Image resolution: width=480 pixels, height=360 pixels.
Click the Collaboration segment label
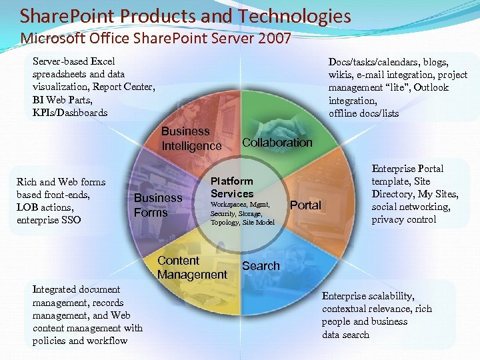pyautogui.click(x=277, y=142)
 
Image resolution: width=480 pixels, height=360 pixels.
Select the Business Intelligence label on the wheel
pyautogui.click(x=191, y=139)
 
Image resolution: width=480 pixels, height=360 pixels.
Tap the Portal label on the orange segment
pyautogui.click(x=306, y=205)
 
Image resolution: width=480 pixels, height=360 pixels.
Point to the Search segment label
pyautogui.click(x=261, y=266)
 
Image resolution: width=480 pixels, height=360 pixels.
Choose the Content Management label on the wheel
pyautogui.click(x=192, y=267)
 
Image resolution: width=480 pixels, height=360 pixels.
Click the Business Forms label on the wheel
pyautogui.click(x=157, y=205)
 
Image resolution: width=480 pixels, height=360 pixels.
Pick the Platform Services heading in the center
pyautogui.click(x=232, y=187)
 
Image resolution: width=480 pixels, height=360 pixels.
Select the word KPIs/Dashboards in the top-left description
pyautogui.click(x=70, y=113)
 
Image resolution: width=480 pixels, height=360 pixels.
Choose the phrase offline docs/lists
pyautogui.click(x=363, y=113)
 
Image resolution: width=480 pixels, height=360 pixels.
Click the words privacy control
pyautogui.click(x=404, y=219)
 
